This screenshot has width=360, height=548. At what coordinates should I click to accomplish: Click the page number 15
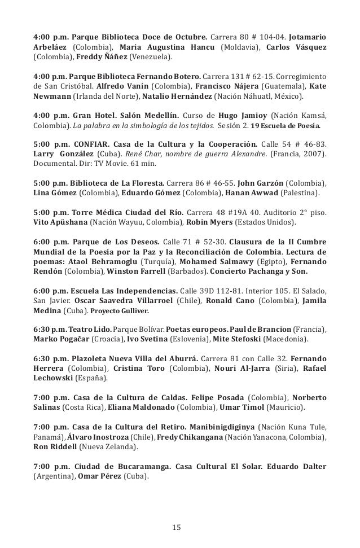(x=176, y=527)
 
